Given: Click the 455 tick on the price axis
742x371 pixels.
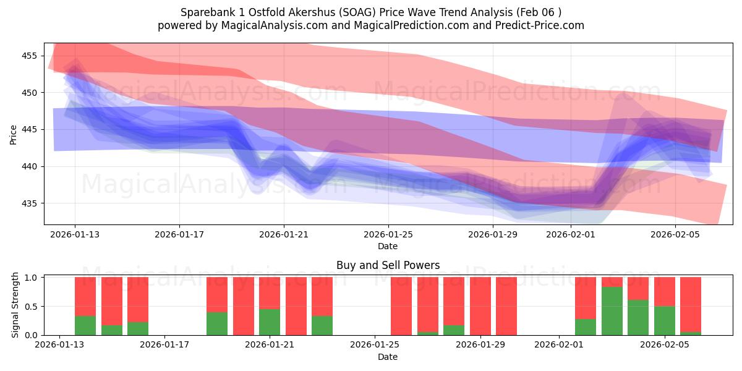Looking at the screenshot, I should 29,56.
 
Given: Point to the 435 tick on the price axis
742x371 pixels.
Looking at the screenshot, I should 29,203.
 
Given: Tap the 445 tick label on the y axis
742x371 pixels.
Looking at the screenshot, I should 29,129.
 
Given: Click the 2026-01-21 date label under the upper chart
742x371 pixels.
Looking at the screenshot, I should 284,234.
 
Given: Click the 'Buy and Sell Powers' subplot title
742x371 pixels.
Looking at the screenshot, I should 388,265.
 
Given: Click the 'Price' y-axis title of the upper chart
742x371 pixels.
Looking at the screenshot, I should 14,134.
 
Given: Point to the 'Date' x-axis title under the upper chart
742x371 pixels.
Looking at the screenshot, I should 388,246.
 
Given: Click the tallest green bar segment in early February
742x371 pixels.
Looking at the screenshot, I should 612,311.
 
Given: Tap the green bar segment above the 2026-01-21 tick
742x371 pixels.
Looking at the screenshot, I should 270,322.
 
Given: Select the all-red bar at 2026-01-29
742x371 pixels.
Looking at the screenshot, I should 480,306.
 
